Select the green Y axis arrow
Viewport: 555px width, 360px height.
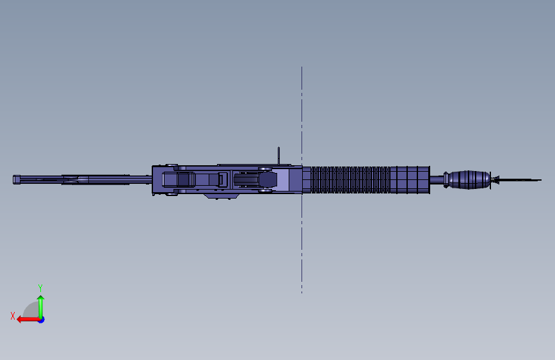[x=40, y=304]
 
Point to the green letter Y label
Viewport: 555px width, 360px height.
[x=40, y=288]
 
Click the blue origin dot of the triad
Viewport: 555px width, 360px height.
[x=41, y=319]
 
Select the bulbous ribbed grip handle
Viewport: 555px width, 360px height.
[x=470, y=180]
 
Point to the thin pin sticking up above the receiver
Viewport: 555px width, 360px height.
[x=279, y=156]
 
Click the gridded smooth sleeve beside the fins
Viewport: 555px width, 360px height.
[x=410, y=180]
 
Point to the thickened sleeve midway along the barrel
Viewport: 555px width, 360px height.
[x=80, y=180]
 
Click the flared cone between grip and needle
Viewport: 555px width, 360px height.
[x=495, y=180]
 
